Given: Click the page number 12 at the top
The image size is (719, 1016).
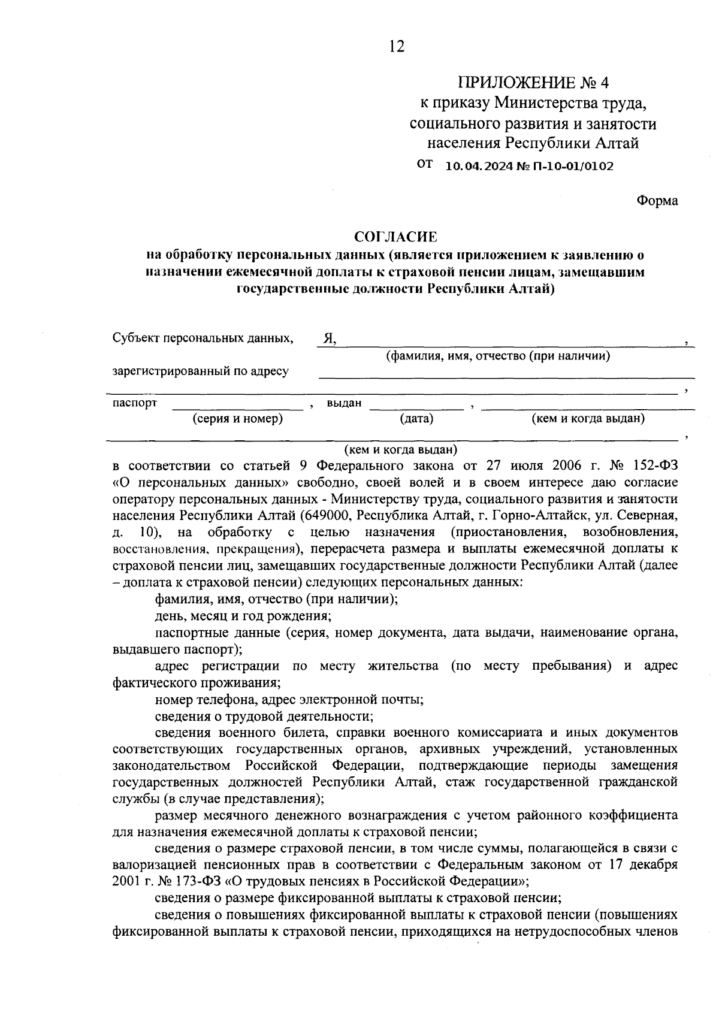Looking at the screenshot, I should tap(397, 46).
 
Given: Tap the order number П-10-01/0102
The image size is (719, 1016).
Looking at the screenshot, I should tap(576, 166).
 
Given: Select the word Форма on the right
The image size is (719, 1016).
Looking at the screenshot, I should tap(657, 201).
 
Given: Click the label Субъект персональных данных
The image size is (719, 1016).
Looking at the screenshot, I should tap(203, 338).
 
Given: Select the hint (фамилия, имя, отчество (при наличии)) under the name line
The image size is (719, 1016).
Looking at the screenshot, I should tap(498, 356).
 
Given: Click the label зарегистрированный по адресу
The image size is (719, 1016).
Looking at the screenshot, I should tap(201, 371).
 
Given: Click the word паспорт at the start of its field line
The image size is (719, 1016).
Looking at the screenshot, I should tap(135, 403).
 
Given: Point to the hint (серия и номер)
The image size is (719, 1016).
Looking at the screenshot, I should tap(237, 419).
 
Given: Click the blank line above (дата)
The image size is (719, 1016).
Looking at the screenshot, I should tap(417, 409).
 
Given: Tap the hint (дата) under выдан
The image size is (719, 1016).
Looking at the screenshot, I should tap(417, 419).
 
